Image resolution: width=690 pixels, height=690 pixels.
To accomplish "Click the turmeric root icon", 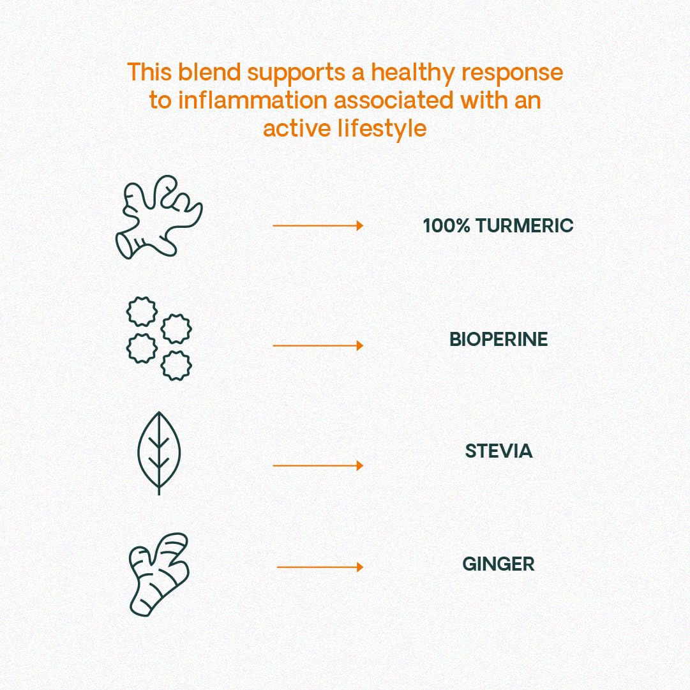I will pyautogui.click(x=158, y=217).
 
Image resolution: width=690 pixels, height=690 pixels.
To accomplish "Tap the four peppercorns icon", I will pyautogui.click(x=159, y=338).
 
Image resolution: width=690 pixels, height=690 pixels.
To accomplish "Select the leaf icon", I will pyautogui.click(x=159, y=450).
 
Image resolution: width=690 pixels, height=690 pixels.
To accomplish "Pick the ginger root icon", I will pyautogui.click(x=158, y=574).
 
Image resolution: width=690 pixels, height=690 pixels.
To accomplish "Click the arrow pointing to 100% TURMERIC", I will pyautogui.click(x=317, y=225).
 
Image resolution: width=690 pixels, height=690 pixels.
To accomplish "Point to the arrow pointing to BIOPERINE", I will pyautogui.click(x=317, y=345).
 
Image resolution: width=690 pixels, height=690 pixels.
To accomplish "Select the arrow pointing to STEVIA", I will pyautogui.click(x=317, y=465).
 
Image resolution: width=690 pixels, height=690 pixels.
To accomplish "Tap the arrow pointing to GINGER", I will pyautogui.click(x=319, y=567).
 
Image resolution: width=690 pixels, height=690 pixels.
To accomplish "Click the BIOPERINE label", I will pyautogui.click(x=499, y=339).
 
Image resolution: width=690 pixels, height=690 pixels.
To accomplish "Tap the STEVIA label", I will pyautogui.click(x=499, y=451).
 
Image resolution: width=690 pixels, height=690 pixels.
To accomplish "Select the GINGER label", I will pyautogui.click(x=499, y=564).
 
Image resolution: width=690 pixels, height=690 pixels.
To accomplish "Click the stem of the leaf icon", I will pyautogui.click(x=159, y=485).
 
